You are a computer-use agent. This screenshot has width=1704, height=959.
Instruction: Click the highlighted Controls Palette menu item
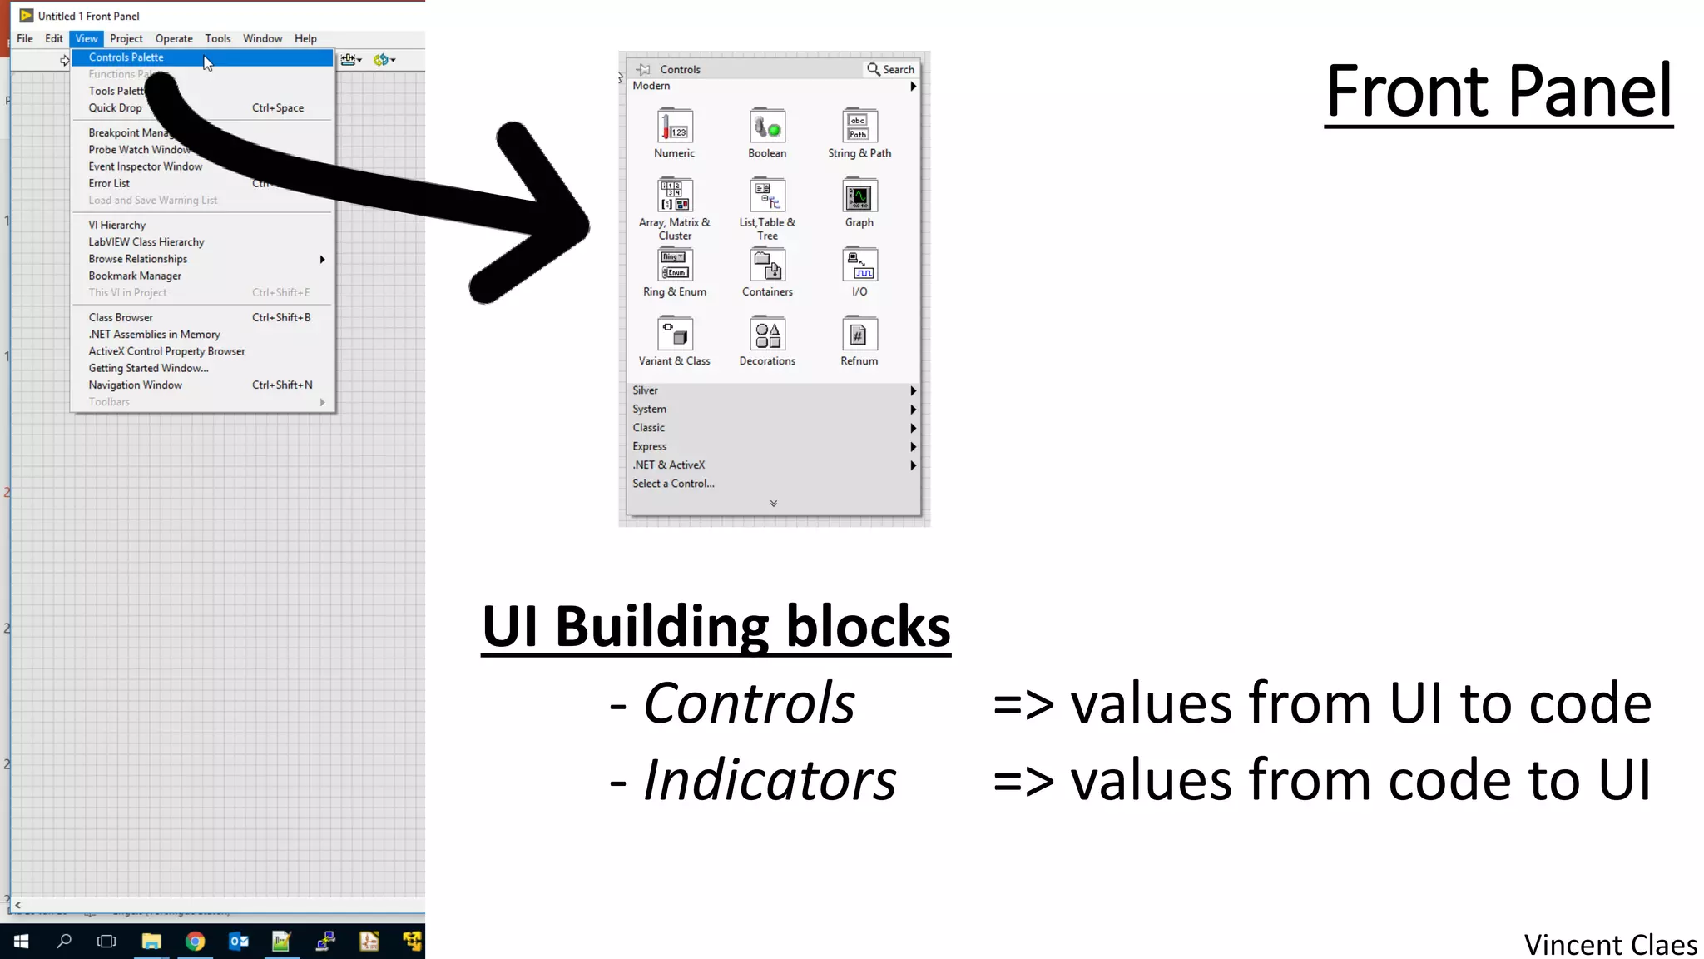126,57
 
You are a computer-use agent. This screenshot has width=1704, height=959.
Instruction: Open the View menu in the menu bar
86,38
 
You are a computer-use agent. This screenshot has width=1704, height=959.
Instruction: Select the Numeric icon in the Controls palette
675,127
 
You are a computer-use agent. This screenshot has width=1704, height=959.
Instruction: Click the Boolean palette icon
767,127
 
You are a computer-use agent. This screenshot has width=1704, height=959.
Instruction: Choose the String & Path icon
859,127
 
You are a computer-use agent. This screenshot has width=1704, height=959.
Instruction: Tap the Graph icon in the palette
859,197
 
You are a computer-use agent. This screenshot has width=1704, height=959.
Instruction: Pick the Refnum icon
859,335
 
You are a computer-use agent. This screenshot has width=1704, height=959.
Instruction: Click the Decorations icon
767,335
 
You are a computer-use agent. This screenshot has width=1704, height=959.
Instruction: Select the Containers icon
767,266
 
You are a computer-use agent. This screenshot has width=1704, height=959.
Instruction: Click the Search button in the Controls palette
891,69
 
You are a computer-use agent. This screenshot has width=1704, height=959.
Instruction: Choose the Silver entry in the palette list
646,390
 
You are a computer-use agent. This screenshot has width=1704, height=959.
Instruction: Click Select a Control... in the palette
673,484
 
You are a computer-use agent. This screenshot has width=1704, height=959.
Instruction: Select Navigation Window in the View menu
136,385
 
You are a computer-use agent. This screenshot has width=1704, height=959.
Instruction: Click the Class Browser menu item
121,317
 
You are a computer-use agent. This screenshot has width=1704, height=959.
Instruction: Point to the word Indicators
770,780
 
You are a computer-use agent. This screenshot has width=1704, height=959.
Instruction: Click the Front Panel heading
1498,91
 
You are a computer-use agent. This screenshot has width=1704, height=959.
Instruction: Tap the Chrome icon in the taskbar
195,941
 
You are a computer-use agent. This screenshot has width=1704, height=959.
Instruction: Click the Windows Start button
22,941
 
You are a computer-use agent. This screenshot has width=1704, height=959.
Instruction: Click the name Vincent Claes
1610,945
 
